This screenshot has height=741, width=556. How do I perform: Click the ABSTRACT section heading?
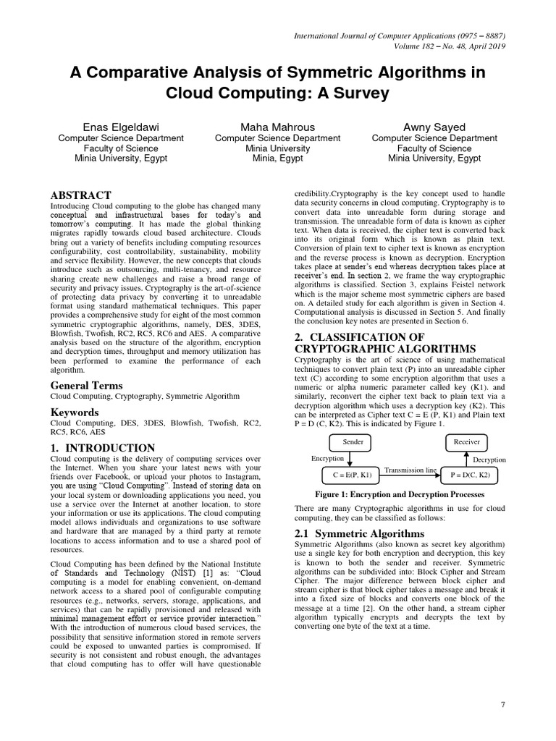80,195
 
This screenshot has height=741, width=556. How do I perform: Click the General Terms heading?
86,386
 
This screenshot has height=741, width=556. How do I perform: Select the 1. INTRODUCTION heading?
102,448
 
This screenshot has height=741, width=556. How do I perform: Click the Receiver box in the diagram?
466,441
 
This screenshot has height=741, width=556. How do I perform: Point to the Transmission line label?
410,470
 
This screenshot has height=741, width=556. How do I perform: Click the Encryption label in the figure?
327,458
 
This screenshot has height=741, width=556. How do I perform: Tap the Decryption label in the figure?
489,460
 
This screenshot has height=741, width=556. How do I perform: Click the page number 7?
502,705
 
